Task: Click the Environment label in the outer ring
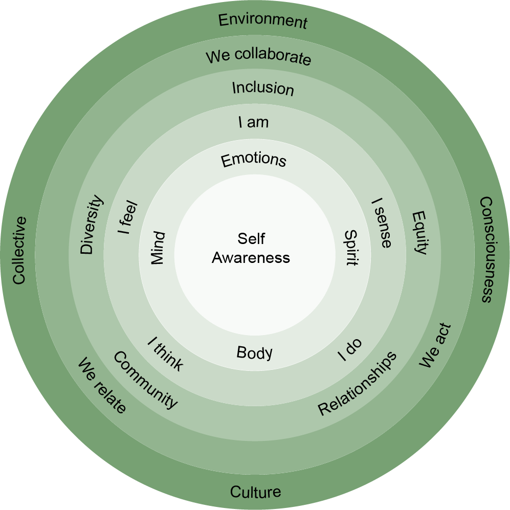pyautogui.click(x=262, y=21)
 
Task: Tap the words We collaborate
pyautogui.click(x=258, y=56)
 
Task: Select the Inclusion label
pyautogui.click(x=263, y=88)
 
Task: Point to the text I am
pyautogui.click(x=253, y=123)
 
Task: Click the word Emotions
pyautogui.click(x=253, y=160)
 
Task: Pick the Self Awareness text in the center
pyautogui.click(x=251, y=248)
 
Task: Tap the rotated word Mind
pyautogui.click(x=158, y=248)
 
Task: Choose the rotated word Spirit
pyautogui.click(x=350, y=248)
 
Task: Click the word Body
pyautogui.click(x=254, y=352)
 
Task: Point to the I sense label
pyautogui.click(x=381, y=223)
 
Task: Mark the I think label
pyautogui.click(x=165, y=353)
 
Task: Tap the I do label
pyautogui.click(x=350, y=350)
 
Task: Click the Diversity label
pyautogui.click(x=92, y=225)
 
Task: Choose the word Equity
pyautogui.click(x=419, y=232)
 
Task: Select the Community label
pyautogui.click(x=145, y=380)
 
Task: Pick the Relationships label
pyautogui.click(x=357, y=383)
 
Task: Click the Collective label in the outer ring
pyautogui.click(x=19, y=250)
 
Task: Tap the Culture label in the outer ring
pyautogui.click(x=255, y=492)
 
